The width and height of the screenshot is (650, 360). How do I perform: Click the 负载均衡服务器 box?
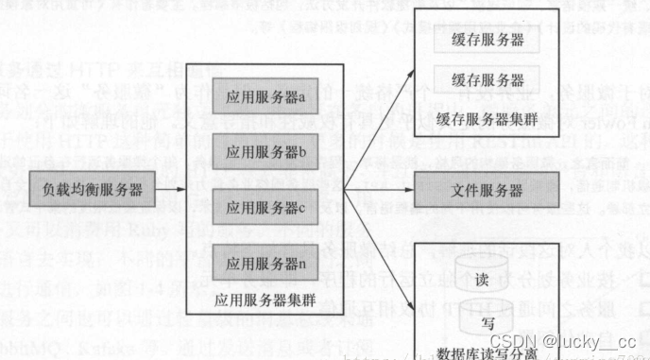(93, 190)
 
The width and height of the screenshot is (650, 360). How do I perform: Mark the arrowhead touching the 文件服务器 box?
(412, 190)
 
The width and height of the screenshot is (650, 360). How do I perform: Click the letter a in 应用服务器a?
(302, 97)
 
